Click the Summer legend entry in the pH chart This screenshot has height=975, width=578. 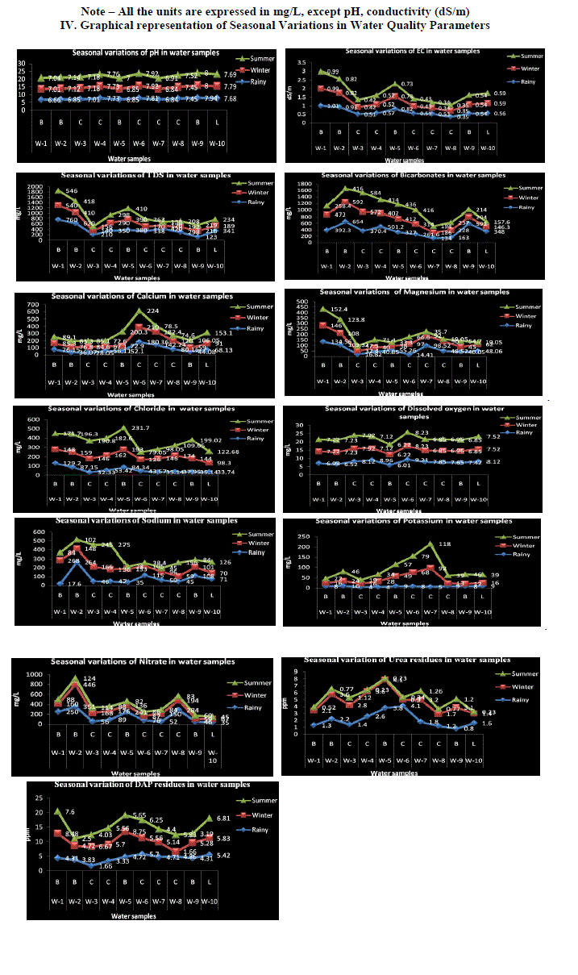click(x=257, y=59)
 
